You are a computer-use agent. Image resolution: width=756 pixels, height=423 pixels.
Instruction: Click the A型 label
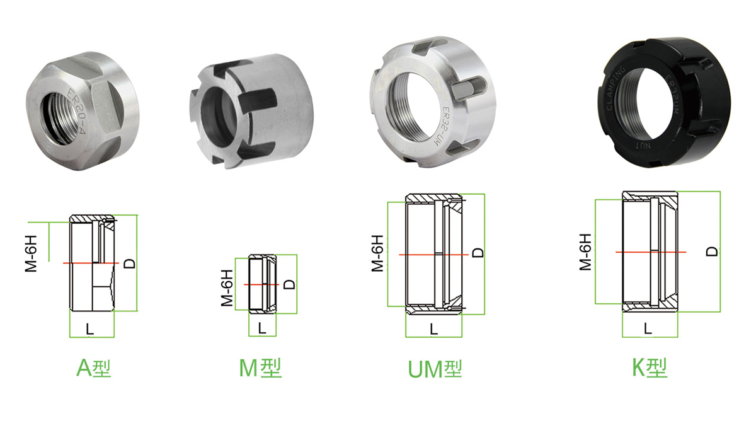pos(93,368)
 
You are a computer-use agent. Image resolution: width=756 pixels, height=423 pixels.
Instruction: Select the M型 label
pos(260,368)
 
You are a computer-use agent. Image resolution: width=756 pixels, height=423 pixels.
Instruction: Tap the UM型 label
pos(435,369)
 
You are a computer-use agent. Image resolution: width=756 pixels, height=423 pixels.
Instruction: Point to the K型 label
pos(650,368)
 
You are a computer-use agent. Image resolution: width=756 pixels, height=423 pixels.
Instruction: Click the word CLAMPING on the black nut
pos(616,88)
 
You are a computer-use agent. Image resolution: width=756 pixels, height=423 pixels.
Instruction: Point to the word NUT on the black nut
pos(643,146)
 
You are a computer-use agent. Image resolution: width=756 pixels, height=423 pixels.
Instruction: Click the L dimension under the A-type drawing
pos(89,329)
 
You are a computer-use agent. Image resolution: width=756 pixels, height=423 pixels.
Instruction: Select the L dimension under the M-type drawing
pos(262,328)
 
